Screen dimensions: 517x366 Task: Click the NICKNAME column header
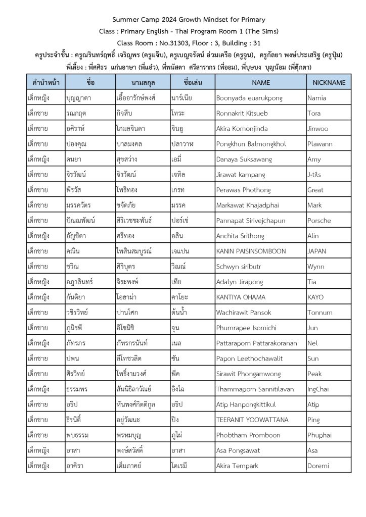point(329,82)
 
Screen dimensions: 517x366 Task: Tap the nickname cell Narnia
point(317,98)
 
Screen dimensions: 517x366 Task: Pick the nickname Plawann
point(320,144)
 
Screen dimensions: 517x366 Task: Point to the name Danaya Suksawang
point(244,160)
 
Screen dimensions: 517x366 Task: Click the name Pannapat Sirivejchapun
point(251,221)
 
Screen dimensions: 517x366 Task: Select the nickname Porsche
point(319,221)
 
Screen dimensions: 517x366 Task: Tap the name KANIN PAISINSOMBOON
point(251,251)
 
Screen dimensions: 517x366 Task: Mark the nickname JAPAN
point(317,251)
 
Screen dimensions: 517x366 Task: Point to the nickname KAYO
point(315,297)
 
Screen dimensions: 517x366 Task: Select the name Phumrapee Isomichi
point(247,328)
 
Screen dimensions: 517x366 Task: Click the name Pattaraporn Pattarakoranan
point(256,343)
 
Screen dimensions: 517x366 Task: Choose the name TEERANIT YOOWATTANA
point(252,420)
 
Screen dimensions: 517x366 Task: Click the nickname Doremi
point(318,466)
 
